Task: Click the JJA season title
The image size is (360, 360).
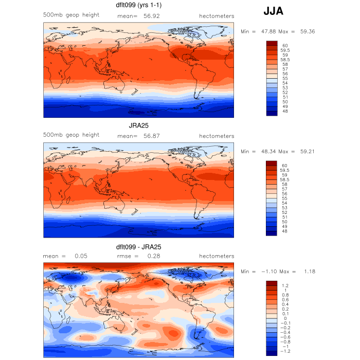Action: pos(273,11)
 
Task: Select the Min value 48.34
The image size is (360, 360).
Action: pos(266,152)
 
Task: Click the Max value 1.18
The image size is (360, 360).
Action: pos(308,272)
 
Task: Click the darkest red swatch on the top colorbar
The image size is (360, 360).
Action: pos(272,43)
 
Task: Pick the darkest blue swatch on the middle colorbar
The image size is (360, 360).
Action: pos(272,232)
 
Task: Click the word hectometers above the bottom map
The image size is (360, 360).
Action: pos(217,256)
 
